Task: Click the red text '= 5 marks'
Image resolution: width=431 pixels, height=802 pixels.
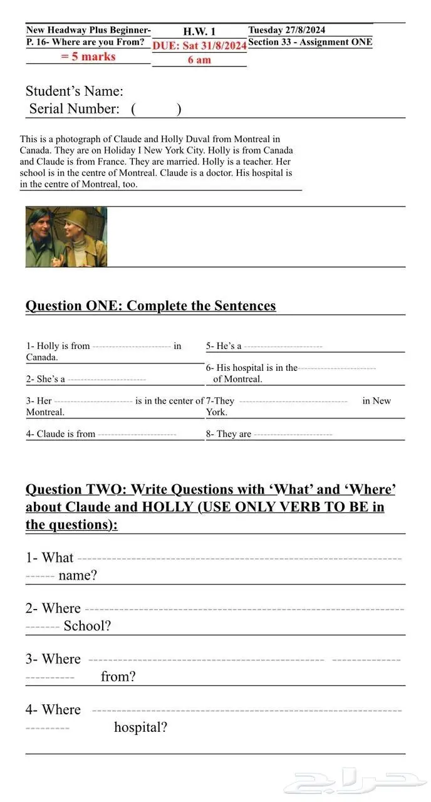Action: (x=88, y=56)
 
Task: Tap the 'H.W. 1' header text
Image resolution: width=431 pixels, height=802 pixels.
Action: (x=199, y=31)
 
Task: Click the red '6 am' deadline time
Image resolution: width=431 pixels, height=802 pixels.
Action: (x=199, y=60)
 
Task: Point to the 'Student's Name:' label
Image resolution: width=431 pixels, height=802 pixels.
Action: (x=74, y=91)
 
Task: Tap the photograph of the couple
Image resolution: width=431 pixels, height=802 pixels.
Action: (x=66, y=237)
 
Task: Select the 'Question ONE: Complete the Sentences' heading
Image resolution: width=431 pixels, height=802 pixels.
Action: (x=150, y=306)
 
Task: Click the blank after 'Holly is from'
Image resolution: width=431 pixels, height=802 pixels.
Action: (x=131, y=346)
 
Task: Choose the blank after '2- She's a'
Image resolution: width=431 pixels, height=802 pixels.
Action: (x=106, y=380)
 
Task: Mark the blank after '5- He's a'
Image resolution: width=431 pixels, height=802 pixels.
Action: (x=283, y=346)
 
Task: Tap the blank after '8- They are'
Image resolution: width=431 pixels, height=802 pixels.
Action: (x=293, y=434)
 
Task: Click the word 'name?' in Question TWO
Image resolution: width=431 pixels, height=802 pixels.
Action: (x=78, y=575)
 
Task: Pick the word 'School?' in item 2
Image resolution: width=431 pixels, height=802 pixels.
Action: (x=87, y=626)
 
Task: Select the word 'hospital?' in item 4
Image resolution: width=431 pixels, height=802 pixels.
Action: (x=140, y=727)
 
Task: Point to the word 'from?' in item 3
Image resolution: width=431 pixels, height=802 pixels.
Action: (x=118, y=677)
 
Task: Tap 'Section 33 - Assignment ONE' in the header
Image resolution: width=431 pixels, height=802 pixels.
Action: (x=310, y=43)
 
